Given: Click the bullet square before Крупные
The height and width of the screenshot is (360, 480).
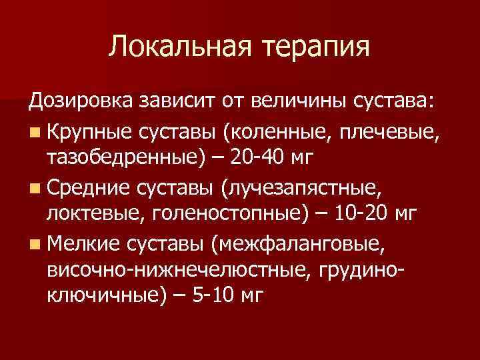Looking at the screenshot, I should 33,131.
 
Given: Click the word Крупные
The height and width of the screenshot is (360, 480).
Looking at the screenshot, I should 84,131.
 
